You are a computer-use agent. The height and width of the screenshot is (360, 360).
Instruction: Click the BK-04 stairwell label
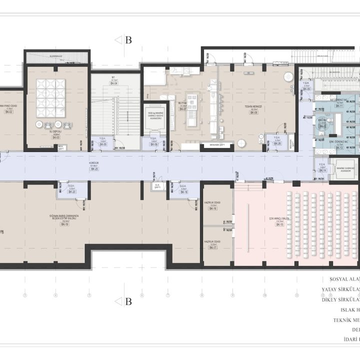click(114, 83)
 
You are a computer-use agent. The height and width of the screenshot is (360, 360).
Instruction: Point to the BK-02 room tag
click(8, 112)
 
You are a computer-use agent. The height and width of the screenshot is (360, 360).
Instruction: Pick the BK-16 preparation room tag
click(212, 208)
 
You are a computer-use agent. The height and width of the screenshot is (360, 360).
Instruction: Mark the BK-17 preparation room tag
click(212, 247)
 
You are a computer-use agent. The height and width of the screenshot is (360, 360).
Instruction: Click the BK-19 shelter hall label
click(64, 225)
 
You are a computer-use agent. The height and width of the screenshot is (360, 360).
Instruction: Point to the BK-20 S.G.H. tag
click(72, 192)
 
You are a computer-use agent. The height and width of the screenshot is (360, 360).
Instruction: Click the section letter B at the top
click(128, 40)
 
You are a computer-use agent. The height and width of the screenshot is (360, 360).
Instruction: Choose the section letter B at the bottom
click(128, 301)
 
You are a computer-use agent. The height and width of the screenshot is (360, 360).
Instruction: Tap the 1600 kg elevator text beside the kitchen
click(155, 114)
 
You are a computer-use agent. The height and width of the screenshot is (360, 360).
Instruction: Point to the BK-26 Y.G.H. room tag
click(277, 144)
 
